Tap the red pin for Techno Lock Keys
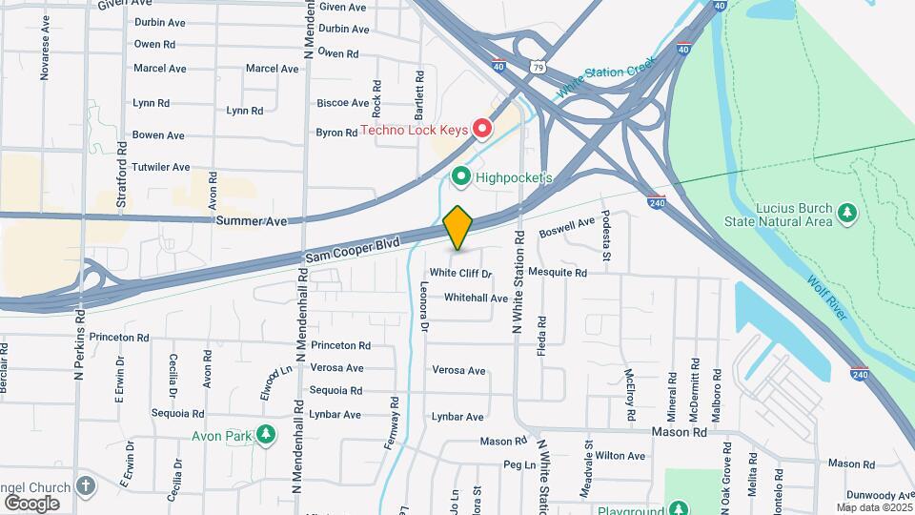[482, 128]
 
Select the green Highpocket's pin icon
[461, 176]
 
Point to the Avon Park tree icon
[267, 436]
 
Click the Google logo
[31, 503]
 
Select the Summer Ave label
[251, 221]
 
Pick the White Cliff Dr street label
[460, 273]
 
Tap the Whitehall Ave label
[476, 298]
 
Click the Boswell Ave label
[567, 229]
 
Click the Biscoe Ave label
[342, 103]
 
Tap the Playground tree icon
[678, 509]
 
